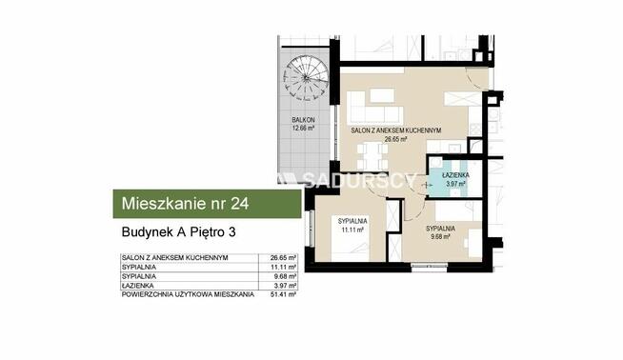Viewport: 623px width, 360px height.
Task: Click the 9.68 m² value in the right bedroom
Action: [x=439, y=237]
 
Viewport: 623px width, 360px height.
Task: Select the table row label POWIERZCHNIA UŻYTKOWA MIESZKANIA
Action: [x=188, y=296]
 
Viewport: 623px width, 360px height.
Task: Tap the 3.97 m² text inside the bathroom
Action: [x=453, y=184]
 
